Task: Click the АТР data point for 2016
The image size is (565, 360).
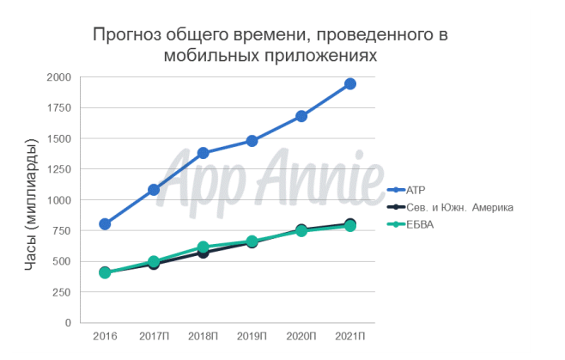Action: click(x=105, y=224)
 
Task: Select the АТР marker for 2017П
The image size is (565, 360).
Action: click(x=154, y=190)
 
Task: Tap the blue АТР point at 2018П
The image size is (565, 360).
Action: click(x=204, y=153)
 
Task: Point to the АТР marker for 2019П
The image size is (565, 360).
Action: click(x=252, y=141)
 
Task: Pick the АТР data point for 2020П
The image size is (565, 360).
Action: click(x=301, y=116)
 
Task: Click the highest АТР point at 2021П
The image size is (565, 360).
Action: click(x=350, y=84)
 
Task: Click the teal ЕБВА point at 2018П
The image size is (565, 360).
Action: click(x=204, y=247)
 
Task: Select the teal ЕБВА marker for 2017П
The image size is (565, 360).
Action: click(x=154, y=261)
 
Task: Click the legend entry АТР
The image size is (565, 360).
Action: click(x=418, y=189)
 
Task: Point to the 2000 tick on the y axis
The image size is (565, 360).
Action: click(x=59, y=77)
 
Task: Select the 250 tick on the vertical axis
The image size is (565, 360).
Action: click(x=62, y=292)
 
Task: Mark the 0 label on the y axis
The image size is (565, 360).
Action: click(x=68, y=323)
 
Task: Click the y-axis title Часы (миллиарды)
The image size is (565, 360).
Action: click(x=31, y=199)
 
